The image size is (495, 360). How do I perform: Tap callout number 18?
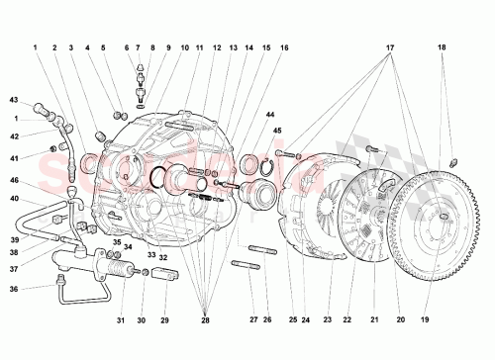(x=442, y=46)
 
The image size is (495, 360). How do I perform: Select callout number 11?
(x=198, y=47)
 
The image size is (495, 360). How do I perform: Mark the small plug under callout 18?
(x=451, y=162)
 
